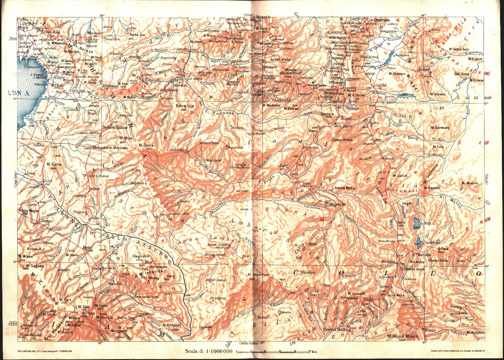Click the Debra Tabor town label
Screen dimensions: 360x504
coord(115,127)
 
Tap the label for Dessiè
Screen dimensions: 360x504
coord(388,262)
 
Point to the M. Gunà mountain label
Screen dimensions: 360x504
coord(146,145)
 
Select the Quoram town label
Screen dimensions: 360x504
coord(382,20)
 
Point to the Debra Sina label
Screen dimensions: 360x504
coord(185,106)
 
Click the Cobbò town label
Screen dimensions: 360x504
coord(381,85)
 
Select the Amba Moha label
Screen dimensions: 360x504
coord(345,188)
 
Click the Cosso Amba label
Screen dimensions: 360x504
coord(342,140)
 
